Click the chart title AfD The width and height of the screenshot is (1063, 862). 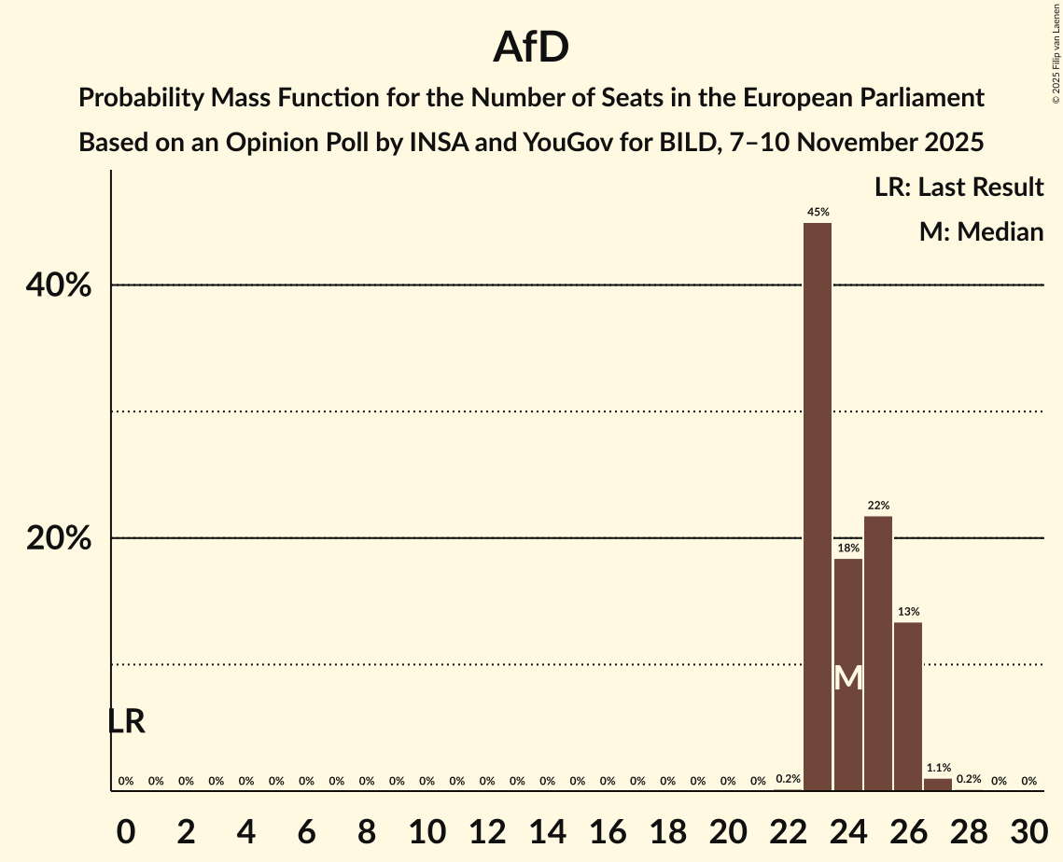531,47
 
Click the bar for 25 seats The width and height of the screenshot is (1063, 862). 878,653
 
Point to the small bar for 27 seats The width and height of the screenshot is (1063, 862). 938,785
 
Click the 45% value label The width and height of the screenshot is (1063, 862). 818,213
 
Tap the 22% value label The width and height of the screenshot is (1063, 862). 878,506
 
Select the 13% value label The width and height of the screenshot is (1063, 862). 908,612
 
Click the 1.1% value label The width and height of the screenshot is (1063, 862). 938,768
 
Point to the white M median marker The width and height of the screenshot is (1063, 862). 847,678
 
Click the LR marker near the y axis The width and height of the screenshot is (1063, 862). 126,721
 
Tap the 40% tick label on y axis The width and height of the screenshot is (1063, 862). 59,285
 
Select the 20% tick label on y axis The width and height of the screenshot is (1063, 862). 59,539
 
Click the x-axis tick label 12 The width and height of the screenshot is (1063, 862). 487,830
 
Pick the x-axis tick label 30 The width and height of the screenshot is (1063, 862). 1028,830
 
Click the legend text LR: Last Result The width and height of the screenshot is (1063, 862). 958,188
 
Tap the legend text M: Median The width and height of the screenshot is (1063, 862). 980,231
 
